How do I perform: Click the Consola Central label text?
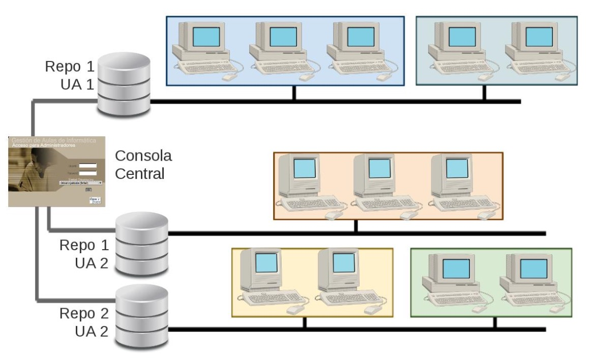click(x=143, y=164)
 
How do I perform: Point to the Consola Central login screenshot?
click(x=56, y=170)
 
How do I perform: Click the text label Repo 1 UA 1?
click(x=70, y=75)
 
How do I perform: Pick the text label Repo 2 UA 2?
click(x=84, y=322)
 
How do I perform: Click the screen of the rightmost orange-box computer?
click(x=456, y=168)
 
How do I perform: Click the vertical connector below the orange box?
click(x=355, y=227)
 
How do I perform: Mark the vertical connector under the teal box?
click(x=484, y=93)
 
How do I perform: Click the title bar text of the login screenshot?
click(x=53, y=140)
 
